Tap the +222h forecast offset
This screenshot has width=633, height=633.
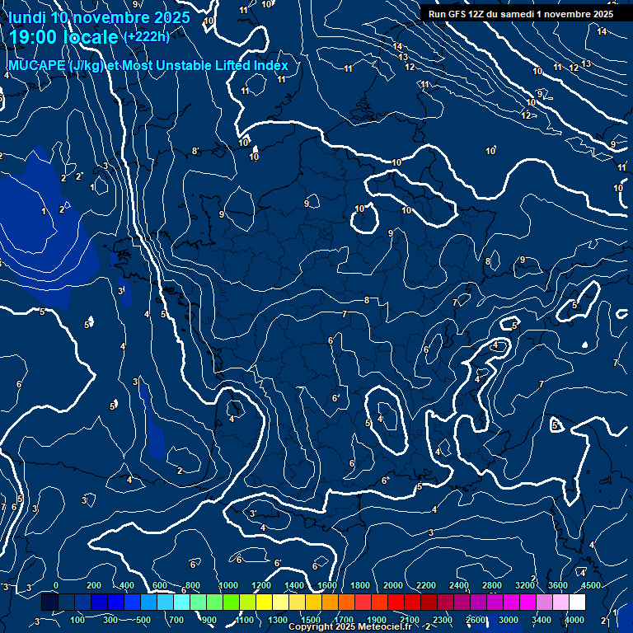[146, 36]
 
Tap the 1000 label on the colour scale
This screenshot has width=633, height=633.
[228, 585]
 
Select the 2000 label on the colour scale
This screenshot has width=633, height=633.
[393, 585]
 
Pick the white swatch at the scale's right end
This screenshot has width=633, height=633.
[577, 603]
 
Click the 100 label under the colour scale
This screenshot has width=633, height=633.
[78, 620]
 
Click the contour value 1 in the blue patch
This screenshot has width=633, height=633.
[44, 212]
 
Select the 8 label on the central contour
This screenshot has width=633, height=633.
[367, 300]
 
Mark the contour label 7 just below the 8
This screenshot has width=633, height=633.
[345, 314]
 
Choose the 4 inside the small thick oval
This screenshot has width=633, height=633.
[380, 419]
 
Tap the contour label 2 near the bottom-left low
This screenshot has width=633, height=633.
[180, 471]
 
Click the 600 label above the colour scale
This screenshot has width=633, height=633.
[160, 585]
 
